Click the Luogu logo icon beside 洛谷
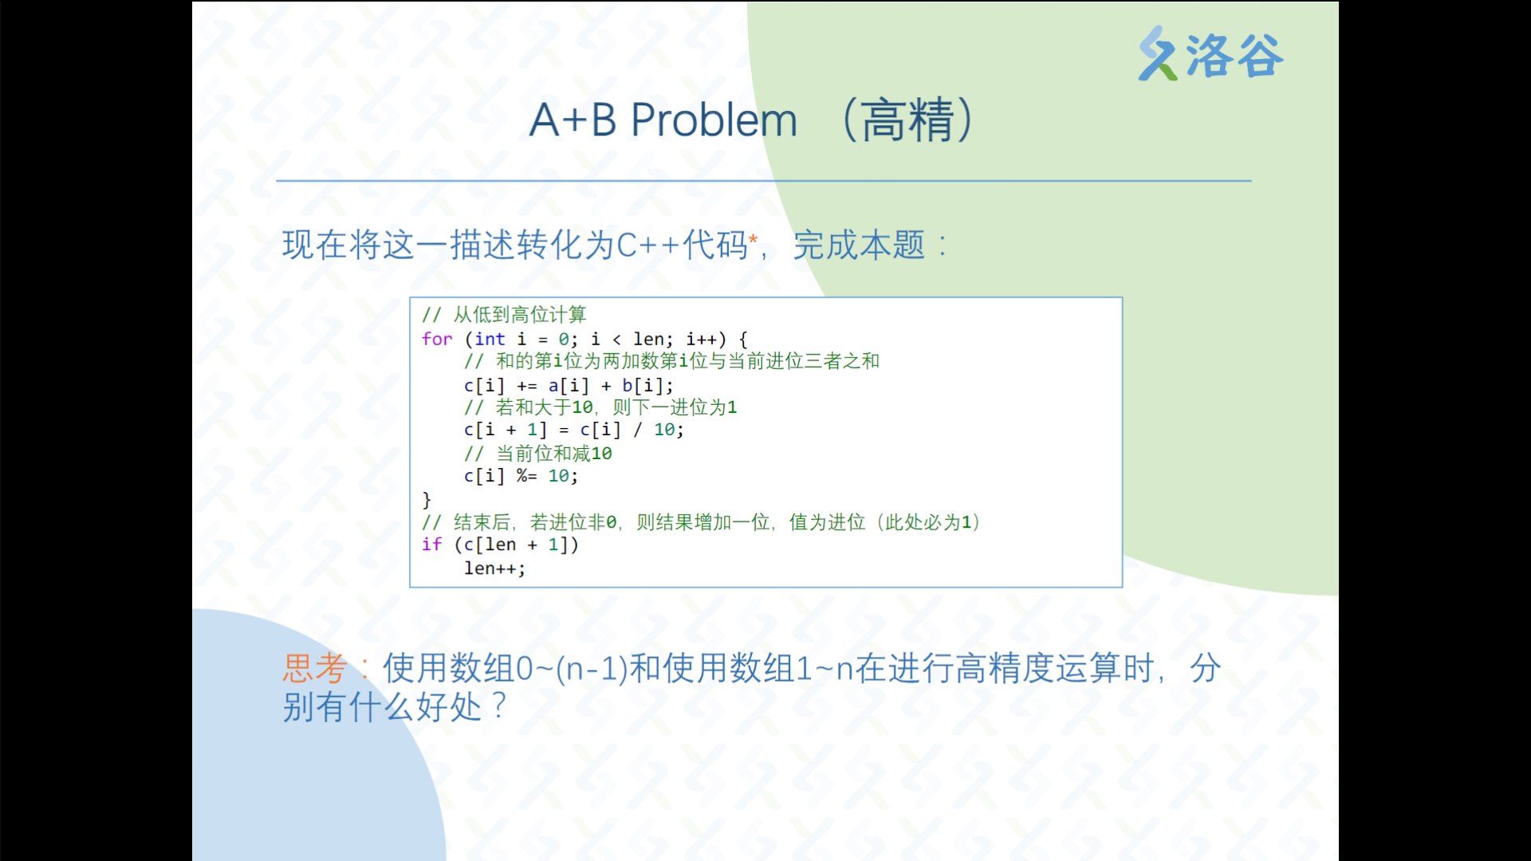tap(1158, 53)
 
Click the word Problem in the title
tap(714, 120)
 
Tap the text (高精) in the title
tap(907, 120)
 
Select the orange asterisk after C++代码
tap(753, 238)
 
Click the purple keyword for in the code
tap(437, 339)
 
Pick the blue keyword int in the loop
tap(490, 339)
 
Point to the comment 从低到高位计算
tap(520, 314)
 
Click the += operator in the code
tap(526, 386)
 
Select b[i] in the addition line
tap(643, 386)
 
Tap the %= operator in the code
tap(526, 476)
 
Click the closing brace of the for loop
tap(427, 500)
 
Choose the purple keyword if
tap(431, 545)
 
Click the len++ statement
tap(494, 568)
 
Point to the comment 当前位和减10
tap(554, 454)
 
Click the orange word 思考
tap(315, 668)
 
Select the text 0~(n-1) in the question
tap(572, 668)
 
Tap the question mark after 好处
tap(499, 706)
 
